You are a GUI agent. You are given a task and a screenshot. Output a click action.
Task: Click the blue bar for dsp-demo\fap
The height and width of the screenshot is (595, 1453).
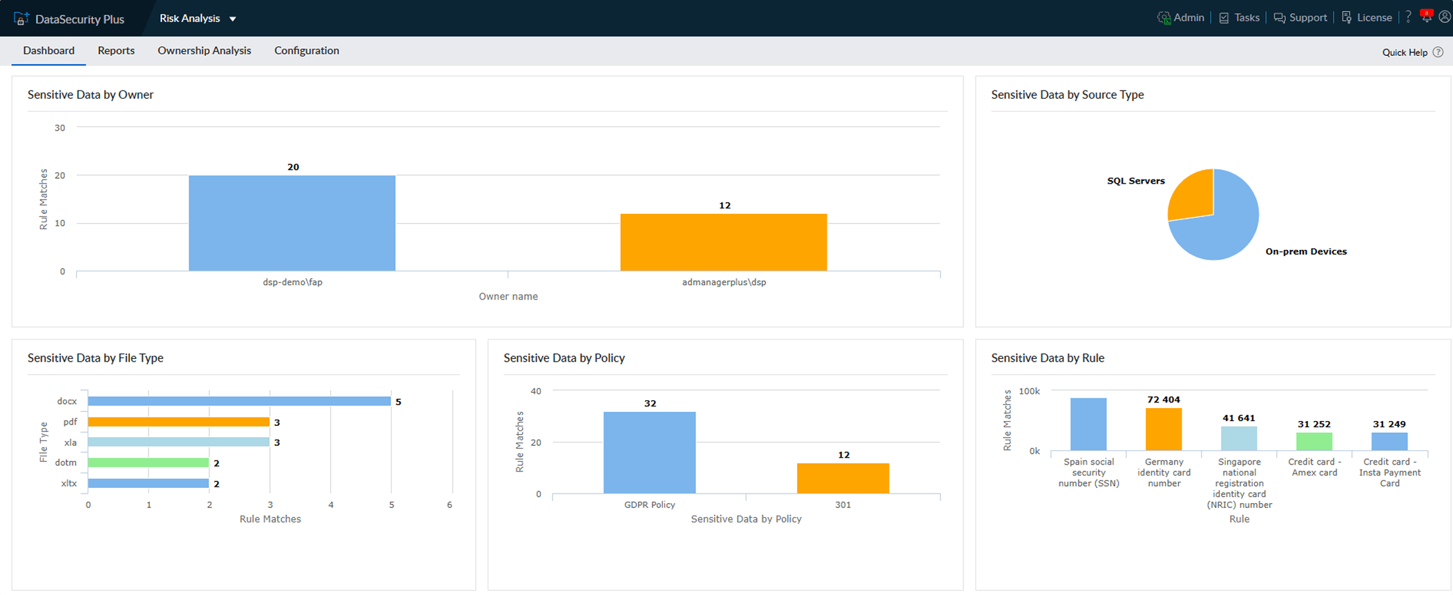click(292, 223)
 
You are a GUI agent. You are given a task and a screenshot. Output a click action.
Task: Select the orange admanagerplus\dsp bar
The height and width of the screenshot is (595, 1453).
click(723, 242)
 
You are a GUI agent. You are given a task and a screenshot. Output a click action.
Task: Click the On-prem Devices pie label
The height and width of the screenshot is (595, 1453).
click(1305, 251)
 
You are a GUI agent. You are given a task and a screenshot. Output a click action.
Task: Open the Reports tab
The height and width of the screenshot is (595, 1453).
click(116, 50)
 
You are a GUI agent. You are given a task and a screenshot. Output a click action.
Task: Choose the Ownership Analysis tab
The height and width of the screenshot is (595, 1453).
click(204, 50)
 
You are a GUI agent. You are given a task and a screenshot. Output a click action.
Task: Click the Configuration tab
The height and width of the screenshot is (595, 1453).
click(307, 50)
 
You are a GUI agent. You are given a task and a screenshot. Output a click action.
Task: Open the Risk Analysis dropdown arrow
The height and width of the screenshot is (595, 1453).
click(233, 19)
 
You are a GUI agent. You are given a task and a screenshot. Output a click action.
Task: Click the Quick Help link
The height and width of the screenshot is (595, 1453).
click(1405, 52)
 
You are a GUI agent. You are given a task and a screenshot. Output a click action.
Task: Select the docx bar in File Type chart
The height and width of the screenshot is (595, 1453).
click(239, 401)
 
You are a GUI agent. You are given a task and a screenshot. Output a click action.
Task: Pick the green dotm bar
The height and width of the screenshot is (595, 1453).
click(148, 462)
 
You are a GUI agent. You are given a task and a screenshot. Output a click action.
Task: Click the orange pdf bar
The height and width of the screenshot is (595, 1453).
click(178, 422)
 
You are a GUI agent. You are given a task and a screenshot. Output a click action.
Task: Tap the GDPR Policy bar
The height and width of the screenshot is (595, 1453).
click(649, 452)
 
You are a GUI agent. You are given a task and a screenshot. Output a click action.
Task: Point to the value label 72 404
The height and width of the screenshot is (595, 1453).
click(1164, 400)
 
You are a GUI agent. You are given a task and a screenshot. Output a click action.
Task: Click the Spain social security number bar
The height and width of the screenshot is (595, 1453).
click(1088, 424)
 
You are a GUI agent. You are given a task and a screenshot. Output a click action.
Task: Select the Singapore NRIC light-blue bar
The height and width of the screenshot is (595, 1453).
click(1239, 438)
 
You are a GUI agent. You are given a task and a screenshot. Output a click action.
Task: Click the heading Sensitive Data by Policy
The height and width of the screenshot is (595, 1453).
click(564, 358)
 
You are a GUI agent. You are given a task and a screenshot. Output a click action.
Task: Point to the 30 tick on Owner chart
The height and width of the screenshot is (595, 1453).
click(60, 128)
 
